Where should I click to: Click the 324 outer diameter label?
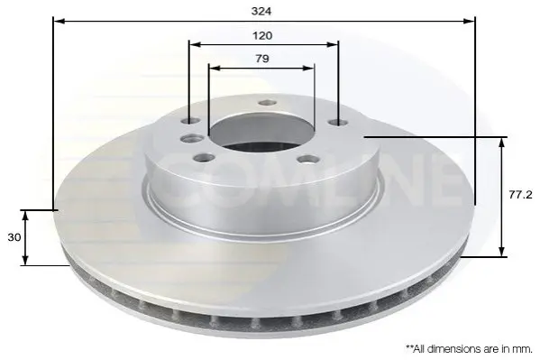click(261, 12)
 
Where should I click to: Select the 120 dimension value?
click(262, 35)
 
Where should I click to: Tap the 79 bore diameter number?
click(262, 59)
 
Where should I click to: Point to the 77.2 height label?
click(521, 195)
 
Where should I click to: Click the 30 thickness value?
click(14, 237)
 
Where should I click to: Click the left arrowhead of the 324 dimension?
click(59, 22)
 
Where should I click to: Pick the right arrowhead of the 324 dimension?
click(469, 22)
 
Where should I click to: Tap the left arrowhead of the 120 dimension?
click(196, 44)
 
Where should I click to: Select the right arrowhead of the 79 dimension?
click(308, 68)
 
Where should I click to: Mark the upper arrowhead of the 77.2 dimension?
click(502, 143)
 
